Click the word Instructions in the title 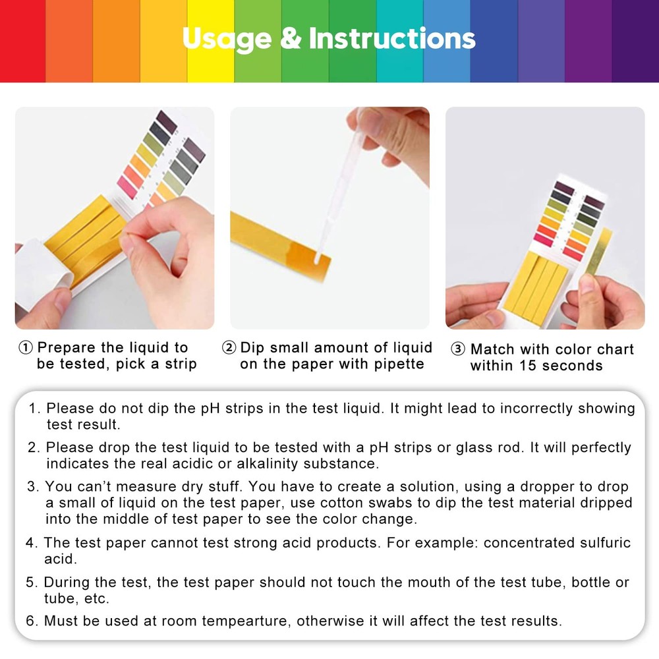[392, 39]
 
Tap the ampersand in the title [290, 39]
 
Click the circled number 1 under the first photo [25, 348]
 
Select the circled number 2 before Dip [229, 348]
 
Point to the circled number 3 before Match [458, 349]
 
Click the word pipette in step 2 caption [396, 364]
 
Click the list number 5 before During [30, 583]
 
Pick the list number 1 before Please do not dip [34, 409]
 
